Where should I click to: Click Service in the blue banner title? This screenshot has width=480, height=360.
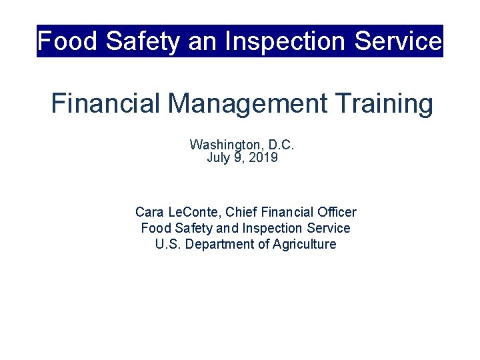tap(398, 41)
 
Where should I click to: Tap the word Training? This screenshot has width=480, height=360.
tap(383, 104)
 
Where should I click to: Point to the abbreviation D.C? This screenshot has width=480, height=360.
tap(281, 145)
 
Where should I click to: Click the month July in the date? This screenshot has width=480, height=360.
tap(218, 158)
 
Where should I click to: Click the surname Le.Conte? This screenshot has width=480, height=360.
tap(193, 213)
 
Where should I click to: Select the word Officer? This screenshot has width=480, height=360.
tap(336, 213)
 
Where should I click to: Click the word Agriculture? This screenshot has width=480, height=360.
tap(304, 245)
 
